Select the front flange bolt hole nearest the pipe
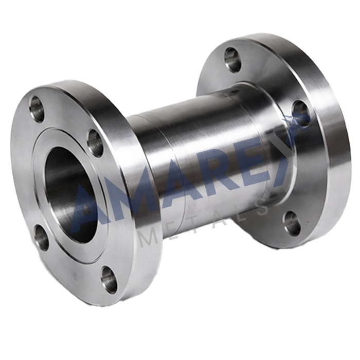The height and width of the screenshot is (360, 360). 95,143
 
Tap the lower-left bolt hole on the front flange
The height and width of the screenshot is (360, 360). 42,238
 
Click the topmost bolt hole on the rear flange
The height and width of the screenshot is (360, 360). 233,60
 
